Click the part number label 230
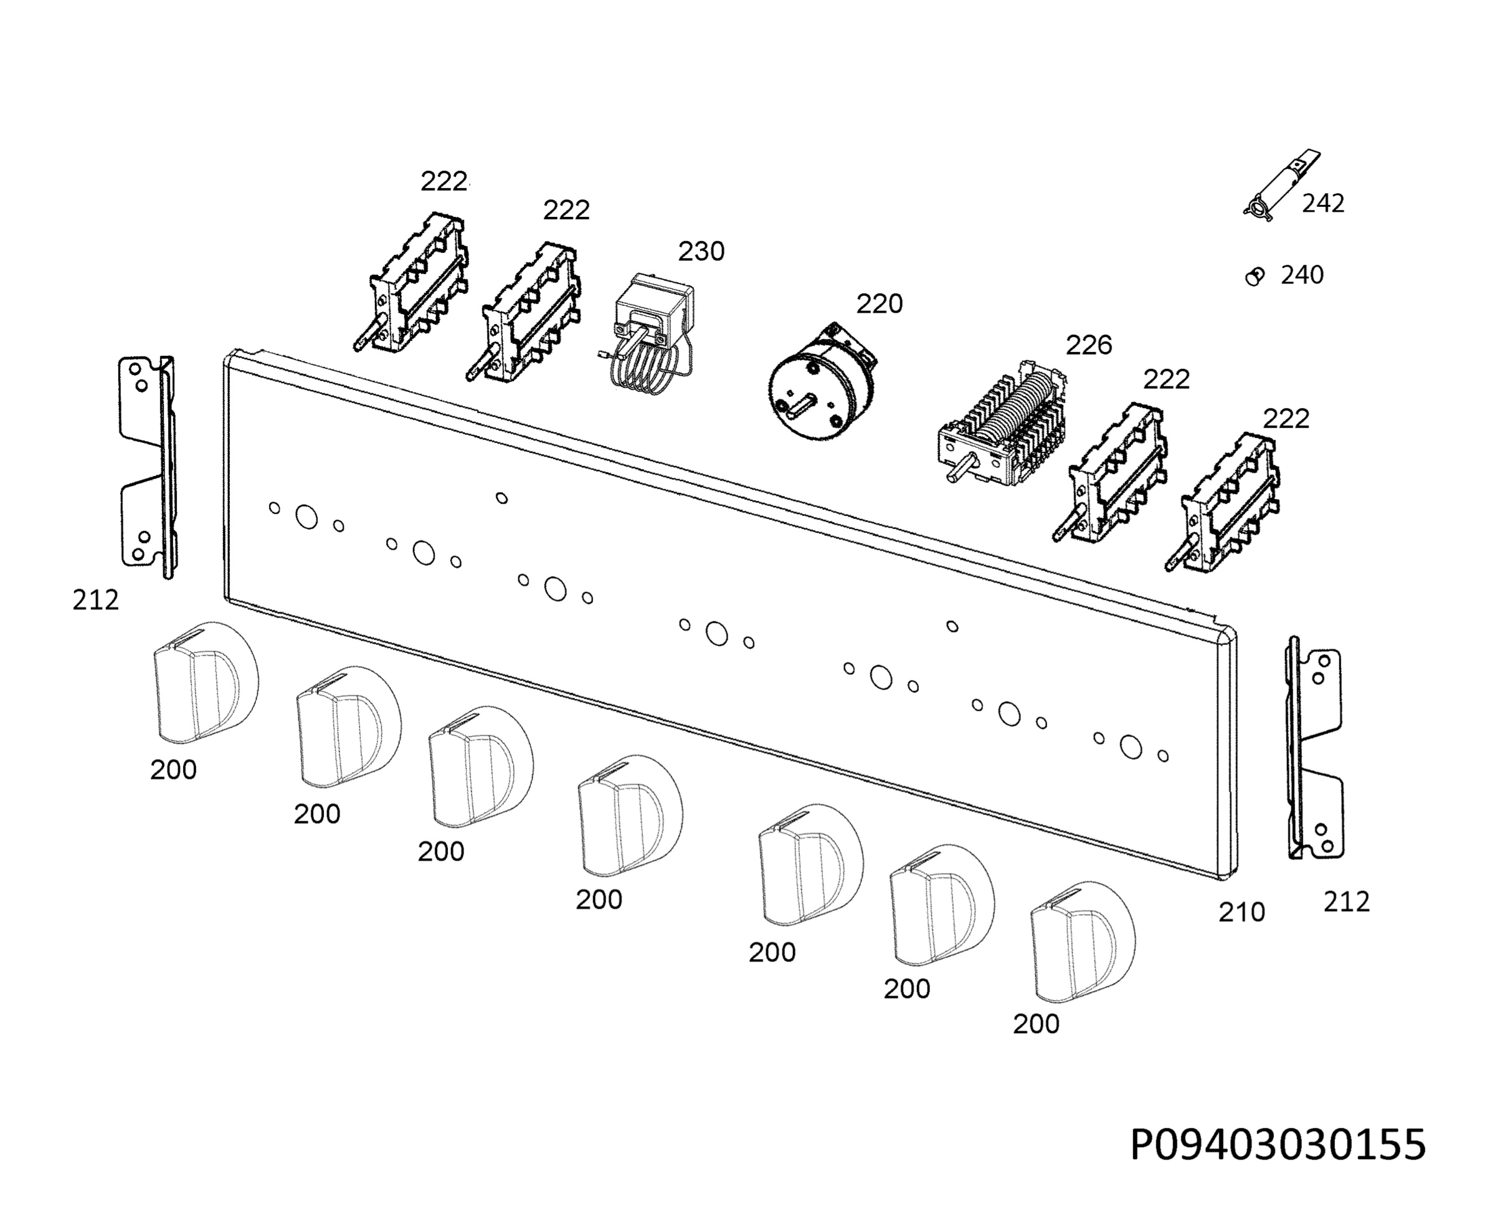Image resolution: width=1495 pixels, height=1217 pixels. point(701,251)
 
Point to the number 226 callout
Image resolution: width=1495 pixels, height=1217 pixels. point(1088,345)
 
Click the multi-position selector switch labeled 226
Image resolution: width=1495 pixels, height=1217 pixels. point(1002,424)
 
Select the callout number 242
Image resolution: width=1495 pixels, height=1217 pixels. point(1323,203)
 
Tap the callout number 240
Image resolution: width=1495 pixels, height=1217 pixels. point(1303,275)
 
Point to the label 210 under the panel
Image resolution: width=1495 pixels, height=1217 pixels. point(1241,912)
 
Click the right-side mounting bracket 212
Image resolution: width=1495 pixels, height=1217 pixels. point(1314,748)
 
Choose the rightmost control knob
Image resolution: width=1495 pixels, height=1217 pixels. point(1083,942)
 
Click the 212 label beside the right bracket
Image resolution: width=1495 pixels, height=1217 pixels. point(1346,902)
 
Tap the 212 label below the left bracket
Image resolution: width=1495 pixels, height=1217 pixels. point(95,600)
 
